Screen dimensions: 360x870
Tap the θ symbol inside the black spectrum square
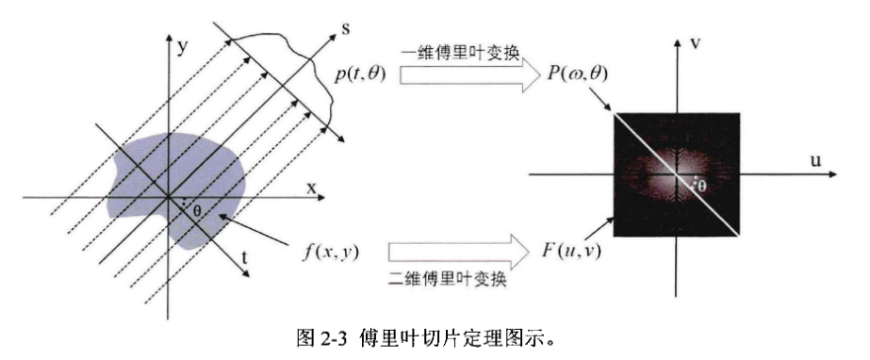tap(699, 188)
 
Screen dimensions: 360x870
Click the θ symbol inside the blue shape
tap(196, 210)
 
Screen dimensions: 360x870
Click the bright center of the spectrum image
tap(676, 174)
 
